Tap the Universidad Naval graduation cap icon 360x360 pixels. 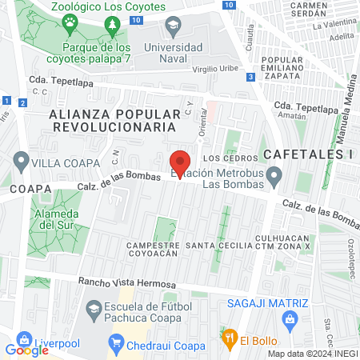172,28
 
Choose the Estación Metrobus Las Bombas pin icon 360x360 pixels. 275,174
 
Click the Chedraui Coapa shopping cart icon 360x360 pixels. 117,346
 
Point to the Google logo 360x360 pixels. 26,350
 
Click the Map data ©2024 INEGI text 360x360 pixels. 311,354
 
